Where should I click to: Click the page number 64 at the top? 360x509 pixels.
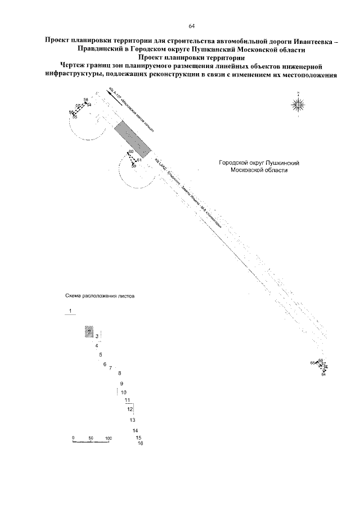point(191,26)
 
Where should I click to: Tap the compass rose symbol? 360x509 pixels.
point(298,103)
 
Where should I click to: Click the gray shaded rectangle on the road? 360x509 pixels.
point(133,141)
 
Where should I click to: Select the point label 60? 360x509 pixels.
point(130,152)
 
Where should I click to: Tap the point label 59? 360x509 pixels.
point(134,166)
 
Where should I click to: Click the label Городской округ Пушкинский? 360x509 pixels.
point(258,163)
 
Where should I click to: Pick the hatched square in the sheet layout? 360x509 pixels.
point(88,332)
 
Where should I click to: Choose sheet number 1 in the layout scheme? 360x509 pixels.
point(70,311)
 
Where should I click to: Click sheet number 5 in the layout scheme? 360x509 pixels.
point(100,355)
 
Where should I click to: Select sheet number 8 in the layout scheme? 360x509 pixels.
point(119,373)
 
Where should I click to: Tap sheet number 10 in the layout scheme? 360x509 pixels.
point(124,392)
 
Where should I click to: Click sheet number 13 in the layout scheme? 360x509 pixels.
point(132,420)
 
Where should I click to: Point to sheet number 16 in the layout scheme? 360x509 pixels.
point(140,443)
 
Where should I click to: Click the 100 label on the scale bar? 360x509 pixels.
point(109,437)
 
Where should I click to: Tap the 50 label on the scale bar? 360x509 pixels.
point(91,437)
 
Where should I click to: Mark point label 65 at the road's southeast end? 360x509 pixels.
point(313,363)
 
